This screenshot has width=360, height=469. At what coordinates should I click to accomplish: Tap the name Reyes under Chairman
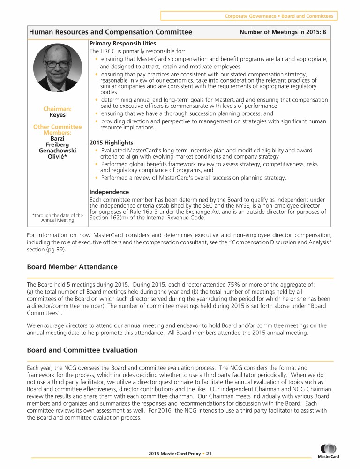(x=57, y=114)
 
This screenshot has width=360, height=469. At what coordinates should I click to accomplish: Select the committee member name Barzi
(x=57, y=139)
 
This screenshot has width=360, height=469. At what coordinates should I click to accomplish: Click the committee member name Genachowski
(x=57, y=151)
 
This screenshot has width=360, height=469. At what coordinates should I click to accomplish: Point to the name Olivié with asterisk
(x=57, y=157)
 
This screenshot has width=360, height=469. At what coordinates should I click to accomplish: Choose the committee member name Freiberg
(x=57, y=144)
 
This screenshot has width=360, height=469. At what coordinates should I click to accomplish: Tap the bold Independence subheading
(x=109, y=192)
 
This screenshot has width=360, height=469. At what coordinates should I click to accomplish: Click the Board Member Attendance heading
(x=72, y=267)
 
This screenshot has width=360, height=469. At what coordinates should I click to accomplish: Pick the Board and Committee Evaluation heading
(x=82, y=350)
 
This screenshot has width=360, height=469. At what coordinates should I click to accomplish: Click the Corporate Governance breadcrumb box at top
(x=249, y=16)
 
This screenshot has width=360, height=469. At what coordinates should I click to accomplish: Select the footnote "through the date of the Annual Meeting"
(x=57, y=218)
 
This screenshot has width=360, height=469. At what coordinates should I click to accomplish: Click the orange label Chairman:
(x=57, y=109)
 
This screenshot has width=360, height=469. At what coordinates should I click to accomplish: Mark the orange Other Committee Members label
(x=57, y=130)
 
